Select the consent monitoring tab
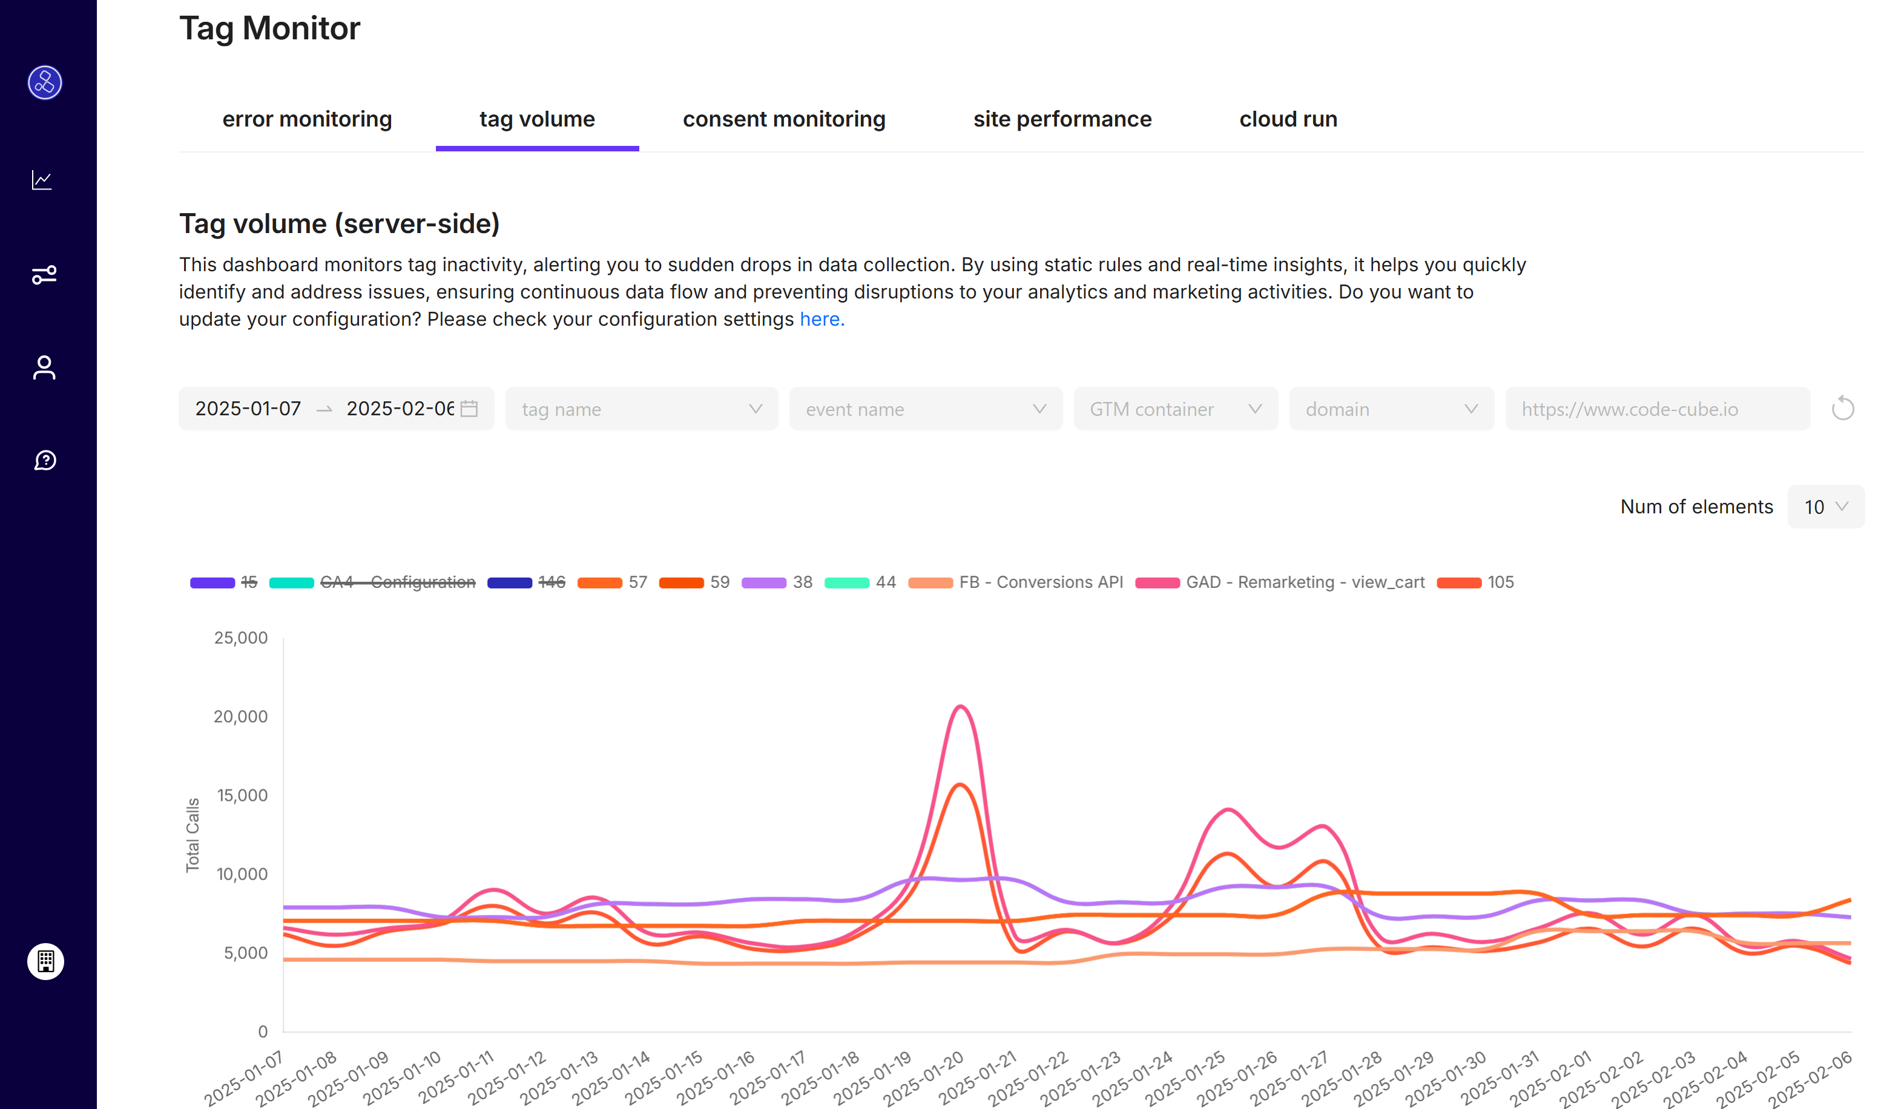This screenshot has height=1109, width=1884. coord(783,120)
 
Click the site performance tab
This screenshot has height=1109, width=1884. coord(1062,120)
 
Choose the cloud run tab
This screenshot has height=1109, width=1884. coord(1288,120)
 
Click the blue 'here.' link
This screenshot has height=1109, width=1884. coord(822,319)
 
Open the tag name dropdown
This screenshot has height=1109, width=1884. coord(641,409)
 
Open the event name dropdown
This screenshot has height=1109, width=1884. coord(925,409)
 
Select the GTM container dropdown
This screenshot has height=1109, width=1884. coord(1174,409)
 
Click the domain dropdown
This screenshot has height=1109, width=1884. coord(1391,409)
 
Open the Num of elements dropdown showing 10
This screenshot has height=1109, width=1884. coord(1825,507)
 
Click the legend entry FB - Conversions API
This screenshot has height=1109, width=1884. coord(1040,582)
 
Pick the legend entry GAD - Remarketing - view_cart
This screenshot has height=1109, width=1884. coord(1305,582)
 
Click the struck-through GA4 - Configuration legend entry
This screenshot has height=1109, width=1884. coord(397,582)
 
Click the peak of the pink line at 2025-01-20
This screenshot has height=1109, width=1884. coord(961,706)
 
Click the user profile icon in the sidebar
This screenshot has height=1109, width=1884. coord(44,367)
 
